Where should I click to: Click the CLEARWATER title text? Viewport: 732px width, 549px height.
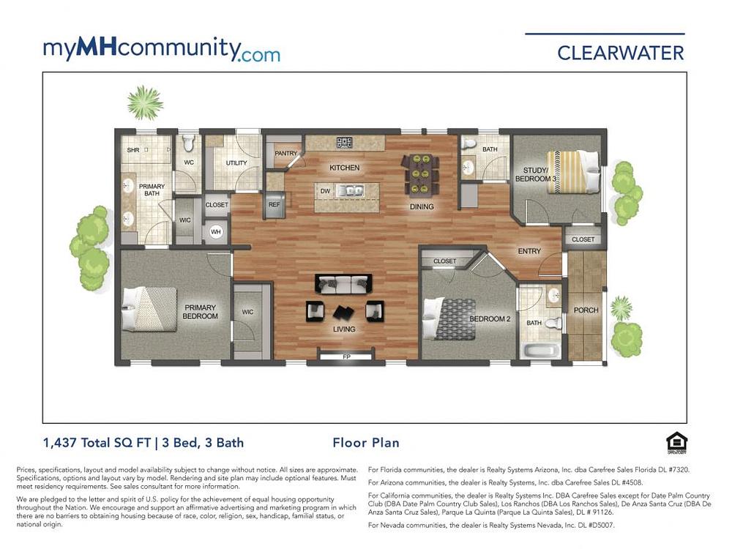[621, 53]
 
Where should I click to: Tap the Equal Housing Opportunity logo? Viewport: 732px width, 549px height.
[676, 444]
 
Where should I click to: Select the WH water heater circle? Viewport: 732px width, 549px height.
[216, 232]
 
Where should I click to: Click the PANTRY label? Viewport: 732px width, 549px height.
[285, 153]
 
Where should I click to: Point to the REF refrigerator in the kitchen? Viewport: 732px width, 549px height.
[274, 204]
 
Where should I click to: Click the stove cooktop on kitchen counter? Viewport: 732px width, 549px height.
[345, 143]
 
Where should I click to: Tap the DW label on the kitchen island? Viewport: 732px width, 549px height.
[326, 191]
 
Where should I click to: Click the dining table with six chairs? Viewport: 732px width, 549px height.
[421, 175]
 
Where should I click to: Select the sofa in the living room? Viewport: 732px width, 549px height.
[343, 283]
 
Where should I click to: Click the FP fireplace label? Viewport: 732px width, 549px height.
[346, 357]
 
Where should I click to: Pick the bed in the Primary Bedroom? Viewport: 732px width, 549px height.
[149, 309]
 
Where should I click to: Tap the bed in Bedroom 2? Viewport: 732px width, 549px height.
[449, 319]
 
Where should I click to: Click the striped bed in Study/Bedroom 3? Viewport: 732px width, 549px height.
[572, 171]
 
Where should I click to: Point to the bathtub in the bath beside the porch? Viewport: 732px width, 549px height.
[542, 350]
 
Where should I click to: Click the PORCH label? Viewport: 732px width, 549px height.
[586, 310]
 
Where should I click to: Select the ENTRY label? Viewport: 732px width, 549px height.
[529, 251]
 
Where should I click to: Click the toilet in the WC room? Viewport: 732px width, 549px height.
[189, 143]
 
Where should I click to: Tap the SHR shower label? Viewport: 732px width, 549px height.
[133, 150]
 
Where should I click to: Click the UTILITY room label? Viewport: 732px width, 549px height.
[236, 163]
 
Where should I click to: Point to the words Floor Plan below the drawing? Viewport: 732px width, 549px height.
[366, 443]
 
